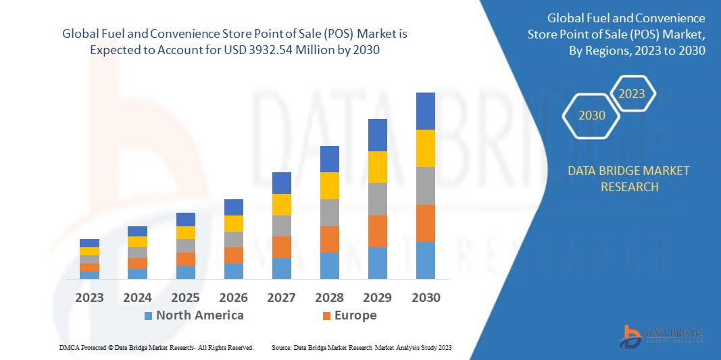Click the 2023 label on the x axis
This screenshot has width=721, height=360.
(x=89, y=297)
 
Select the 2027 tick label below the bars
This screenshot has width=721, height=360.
(x=281, y=297)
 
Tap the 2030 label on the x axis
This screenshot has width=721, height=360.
(x=425, y=297)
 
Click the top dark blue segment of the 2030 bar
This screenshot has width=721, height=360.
(x=425, y=111)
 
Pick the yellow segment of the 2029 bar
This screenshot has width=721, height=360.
(x=377, y=167)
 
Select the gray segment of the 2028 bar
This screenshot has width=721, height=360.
(x=329, y=212)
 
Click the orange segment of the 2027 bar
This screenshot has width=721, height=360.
(x=281, y=247)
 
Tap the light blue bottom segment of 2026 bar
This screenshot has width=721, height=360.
(x=233, y=271)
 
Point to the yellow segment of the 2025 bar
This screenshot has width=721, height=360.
(x=185, y=232)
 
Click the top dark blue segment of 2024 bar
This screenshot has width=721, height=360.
(x=137, y=231)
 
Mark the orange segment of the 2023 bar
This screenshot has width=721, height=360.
(x=89, y=267)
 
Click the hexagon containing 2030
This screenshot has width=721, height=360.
(x=592, y=115)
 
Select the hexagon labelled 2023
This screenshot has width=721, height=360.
(x=632, y=94)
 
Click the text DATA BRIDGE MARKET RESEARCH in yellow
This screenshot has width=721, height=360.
(x=628, y=178)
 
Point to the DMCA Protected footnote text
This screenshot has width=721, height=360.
(x=155, y=347)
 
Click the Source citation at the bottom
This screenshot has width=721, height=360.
(x=361, y=347)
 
